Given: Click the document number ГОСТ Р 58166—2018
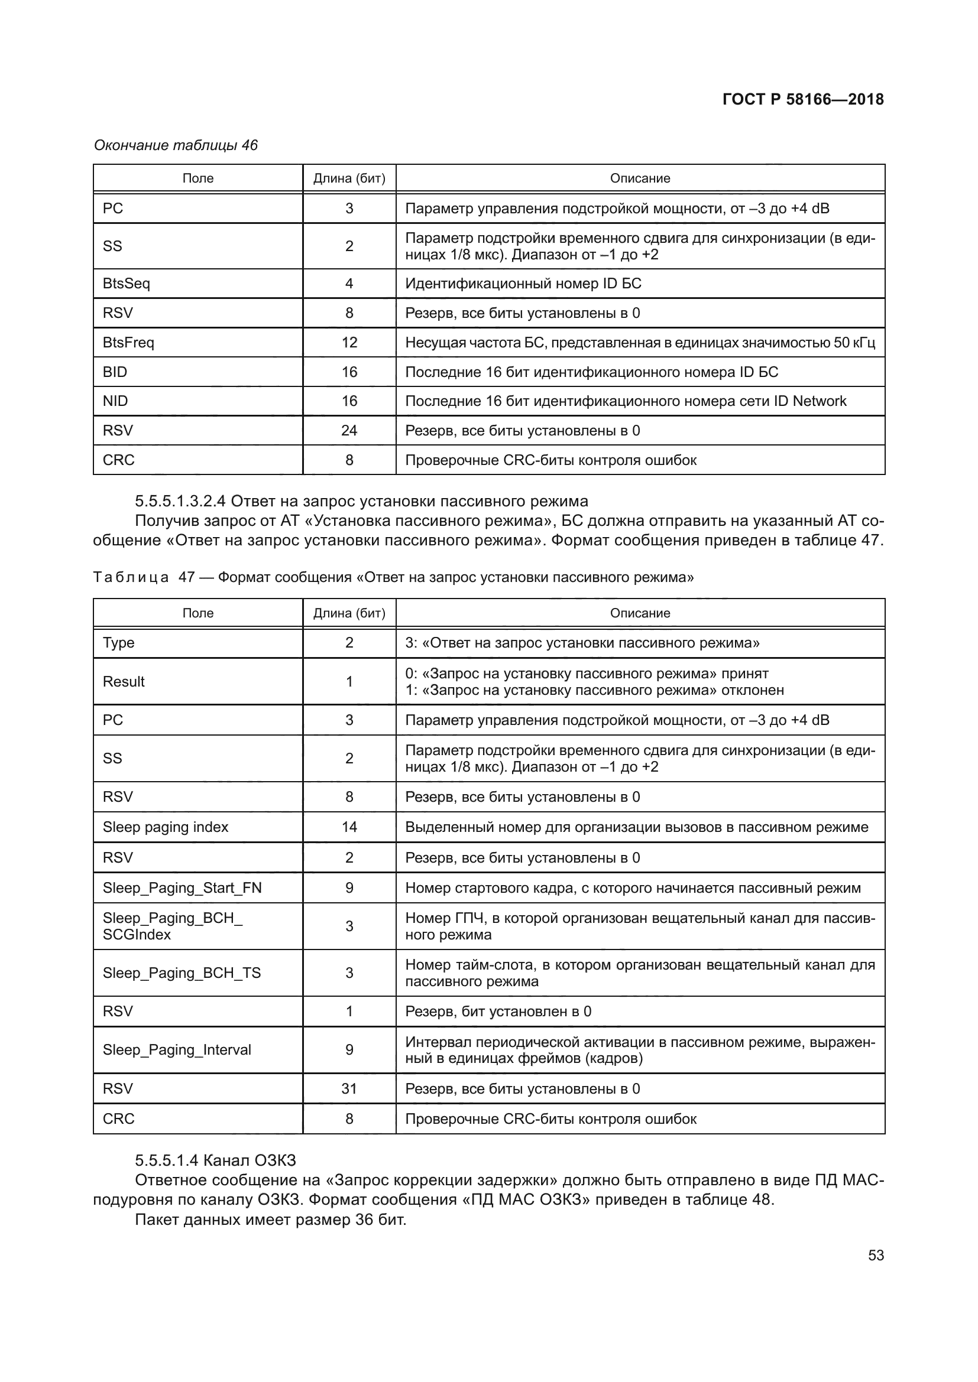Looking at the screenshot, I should pos(803,99).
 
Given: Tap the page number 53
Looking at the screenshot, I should pos(876,1255).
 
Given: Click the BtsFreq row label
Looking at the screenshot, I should pos(128,343).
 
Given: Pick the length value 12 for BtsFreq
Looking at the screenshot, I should pos(349,343).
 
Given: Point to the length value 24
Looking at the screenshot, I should pos(349,430).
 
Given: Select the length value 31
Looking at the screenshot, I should pos(349,1088).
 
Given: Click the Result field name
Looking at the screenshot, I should pos(124,681).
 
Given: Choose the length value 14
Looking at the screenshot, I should pos(349,827).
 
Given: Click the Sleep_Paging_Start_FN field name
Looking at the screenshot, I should pos(182,888).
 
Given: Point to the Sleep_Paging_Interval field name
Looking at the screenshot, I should pos(176,1050).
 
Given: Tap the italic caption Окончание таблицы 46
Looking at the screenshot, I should pos(176,145).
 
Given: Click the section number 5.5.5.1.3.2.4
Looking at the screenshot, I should pos(180,501).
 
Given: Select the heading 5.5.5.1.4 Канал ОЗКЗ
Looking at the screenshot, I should pos(215,1160).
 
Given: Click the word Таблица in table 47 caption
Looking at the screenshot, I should pos(131,577).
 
